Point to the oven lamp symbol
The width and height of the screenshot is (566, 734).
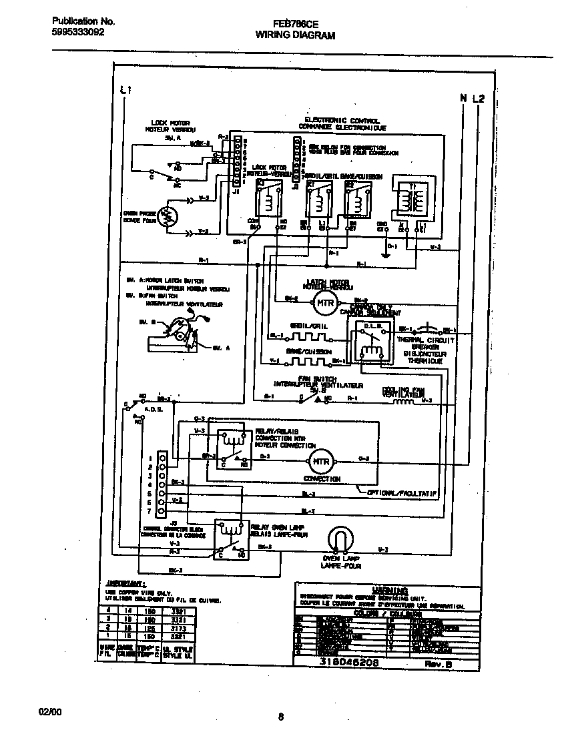click(340, 539)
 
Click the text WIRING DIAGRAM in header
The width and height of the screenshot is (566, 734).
click(295, 35)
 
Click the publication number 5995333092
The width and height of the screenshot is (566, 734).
click(77, 32)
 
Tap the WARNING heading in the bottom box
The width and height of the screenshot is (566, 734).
click(392, 590)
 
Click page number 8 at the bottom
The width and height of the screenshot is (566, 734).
click(281, 717)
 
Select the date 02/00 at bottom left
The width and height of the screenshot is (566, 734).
click(50, 712)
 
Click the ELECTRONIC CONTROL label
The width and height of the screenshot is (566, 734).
click(342, 121)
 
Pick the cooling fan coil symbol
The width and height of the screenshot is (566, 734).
click(406, 402)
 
